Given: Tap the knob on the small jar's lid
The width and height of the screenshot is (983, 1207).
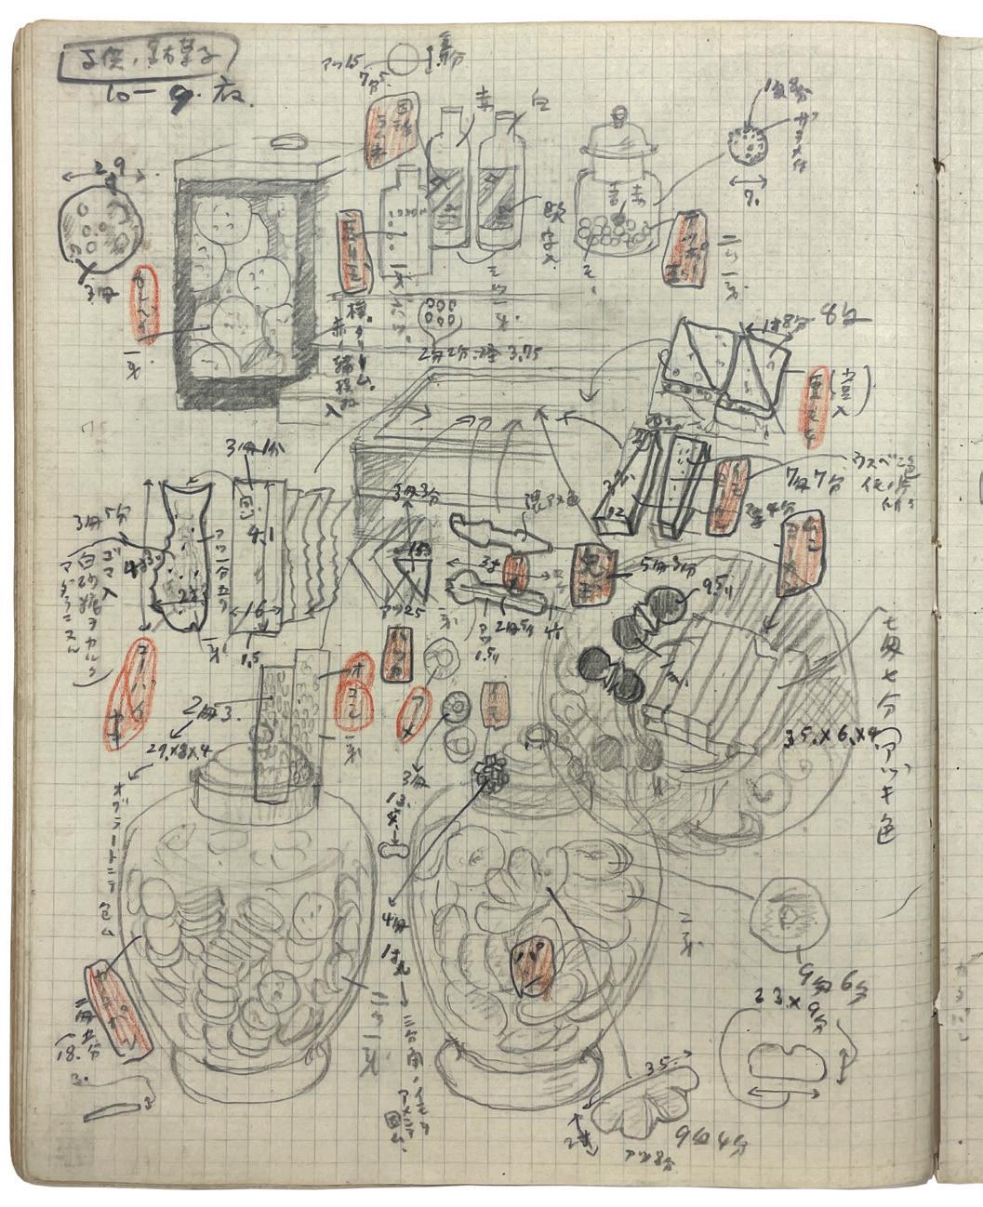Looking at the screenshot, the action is (x=618, y=118).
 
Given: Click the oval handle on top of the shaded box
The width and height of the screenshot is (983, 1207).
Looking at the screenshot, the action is (x=289, y=141).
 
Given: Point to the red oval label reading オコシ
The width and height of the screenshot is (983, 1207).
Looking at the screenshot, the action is (x=356, y=691).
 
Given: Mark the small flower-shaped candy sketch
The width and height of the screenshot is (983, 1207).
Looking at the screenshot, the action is (x=484, y=770).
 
